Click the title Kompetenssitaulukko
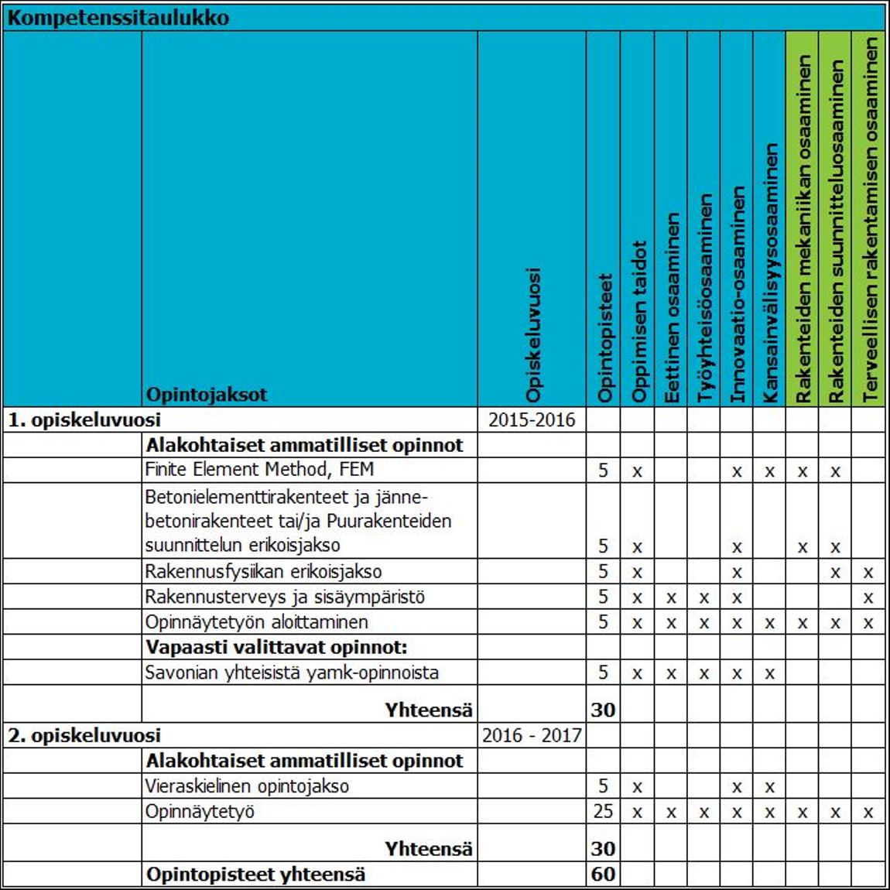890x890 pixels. [x=118, y=17]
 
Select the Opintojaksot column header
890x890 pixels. [x=206, y=394]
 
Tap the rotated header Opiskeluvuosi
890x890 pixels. [x=532, y=334]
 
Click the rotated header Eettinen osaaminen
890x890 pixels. [x=672, y=307]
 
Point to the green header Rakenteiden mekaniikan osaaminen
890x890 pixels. [x=803, y=228]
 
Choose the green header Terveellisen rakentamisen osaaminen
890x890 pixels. [x=870, y=219]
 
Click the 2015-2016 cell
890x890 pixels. [x=532, y=420]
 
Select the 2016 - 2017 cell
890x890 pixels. [x=532, y=735]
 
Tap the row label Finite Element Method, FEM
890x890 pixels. [x=259, y=470]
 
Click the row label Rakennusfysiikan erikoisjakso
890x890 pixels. [x=263, y=572]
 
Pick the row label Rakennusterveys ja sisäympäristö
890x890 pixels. [x=285, y=597]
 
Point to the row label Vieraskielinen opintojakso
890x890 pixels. [x=247, y=786]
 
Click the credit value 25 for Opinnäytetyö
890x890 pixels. [x=603, y=811]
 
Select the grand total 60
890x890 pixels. [x=603, y=875]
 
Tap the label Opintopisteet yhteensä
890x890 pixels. [x=255, y=875]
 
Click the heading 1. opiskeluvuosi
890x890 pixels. [x=84, y=420]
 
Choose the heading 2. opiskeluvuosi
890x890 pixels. [x=84, y=735]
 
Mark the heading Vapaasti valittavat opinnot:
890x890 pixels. [x=276, y=647]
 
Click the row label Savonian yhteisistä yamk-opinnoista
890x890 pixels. [x=292, y=673]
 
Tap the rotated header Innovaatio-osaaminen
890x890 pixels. [x=738, y=294]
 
